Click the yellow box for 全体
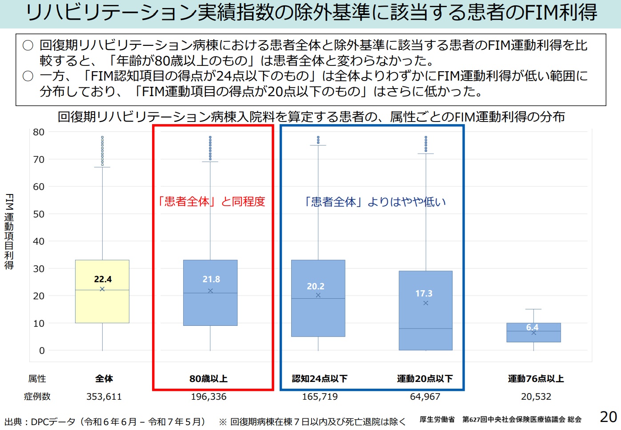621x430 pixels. [x=102, y=307]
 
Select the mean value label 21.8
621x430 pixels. [x=211, y=280]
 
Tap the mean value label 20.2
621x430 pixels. [x=316, y=286]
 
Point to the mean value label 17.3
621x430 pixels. [x=424, y=294]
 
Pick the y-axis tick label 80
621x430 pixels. [x=39, y=132]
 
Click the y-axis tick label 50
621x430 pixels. [x=39, y=214]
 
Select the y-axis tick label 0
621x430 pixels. [x=42, y=351]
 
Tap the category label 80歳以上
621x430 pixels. [x=208, y=379]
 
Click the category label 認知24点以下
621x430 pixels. [x=320, y=379]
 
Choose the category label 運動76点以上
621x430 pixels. [x=536, y=379]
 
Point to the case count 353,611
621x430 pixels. [x=104, y=397]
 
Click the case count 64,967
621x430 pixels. [x=425, y=397]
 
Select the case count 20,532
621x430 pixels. [x=536, y=397]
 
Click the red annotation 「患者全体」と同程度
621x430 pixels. [x=212, y=202]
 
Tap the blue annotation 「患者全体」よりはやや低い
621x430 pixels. [x=374, y=202]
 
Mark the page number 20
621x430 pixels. [x=608, y=417]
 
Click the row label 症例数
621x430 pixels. [x=37, y=397]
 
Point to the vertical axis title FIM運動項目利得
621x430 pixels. [x=9, y=231]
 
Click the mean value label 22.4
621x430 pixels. [x=103, y=280]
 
